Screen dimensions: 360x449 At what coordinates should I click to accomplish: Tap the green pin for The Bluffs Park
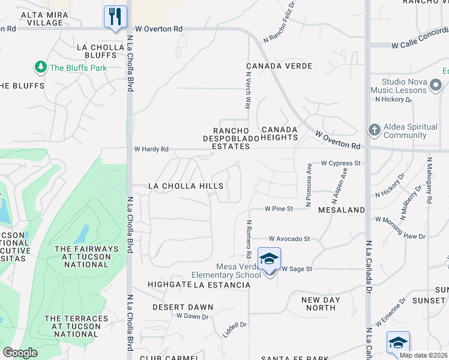click(41, 67)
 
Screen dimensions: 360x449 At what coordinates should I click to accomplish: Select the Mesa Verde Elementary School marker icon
click(269, 259)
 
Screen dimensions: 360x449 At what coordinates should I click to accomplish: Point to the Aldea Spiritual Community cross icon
click(374, 130)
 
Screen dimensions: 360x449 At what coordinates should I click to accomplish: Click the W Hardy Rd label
click(151, 149)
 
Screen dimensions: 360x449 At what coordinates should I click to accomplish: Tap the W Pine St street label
click(279, 209)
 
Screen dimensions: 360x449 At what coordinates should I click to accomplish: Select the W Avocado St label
click(289, 238)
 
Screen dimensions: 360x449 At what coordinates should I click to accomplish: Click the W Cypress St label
click(341, 163)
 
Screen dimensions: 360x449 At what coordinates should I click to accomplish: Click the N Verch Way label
click(247, 91)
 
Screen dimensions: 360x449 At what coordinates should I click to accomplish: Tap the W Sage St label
click(297, 269)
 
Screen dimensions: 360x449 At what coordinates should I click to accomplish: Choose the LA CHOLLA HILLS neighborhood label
click(185, 186)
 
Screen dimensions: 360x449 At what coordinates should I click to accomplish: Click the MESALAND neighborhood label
click(342, 210)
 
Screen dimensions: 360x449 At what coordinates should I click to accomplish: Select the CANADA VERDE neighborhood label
click(279, 65)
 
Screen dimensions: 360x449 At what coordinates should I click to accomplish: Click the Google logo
click(20, 353)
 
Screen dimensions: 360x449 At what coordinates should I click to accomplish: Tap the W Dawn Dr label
click(192, 316)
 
